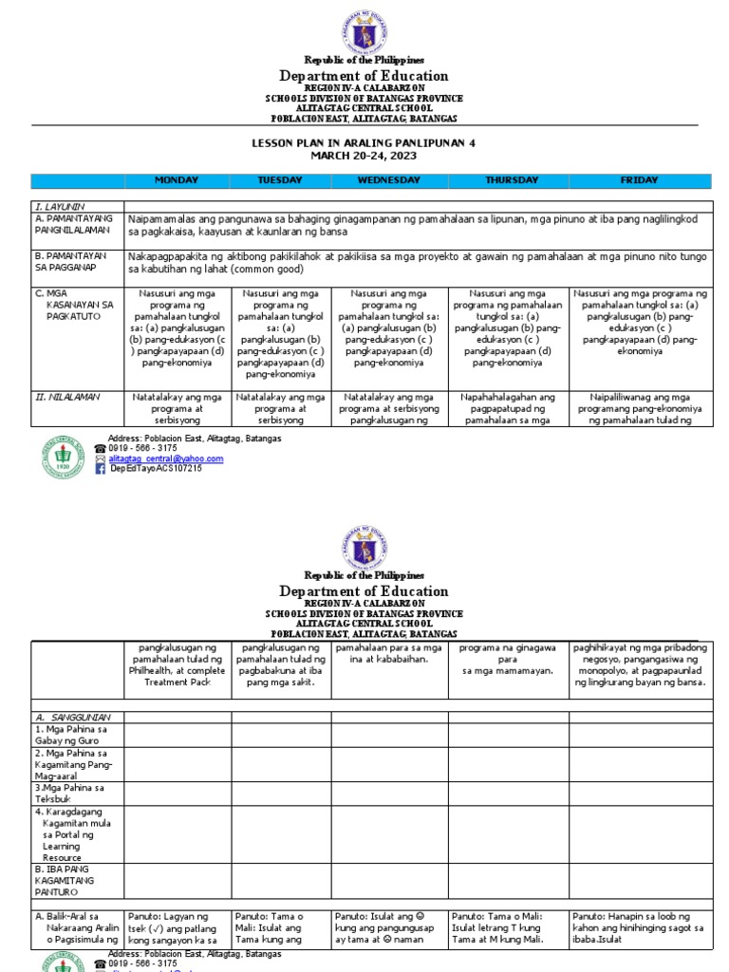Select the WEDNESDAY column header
(x=389, y=180)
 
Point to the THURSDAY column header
(x=512, y=180)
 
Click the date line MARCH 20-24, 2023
(x=364, y=156)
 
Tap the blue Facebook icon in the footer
(x=101, y=469)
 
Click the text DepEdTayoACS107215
(x=157, y=469)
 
